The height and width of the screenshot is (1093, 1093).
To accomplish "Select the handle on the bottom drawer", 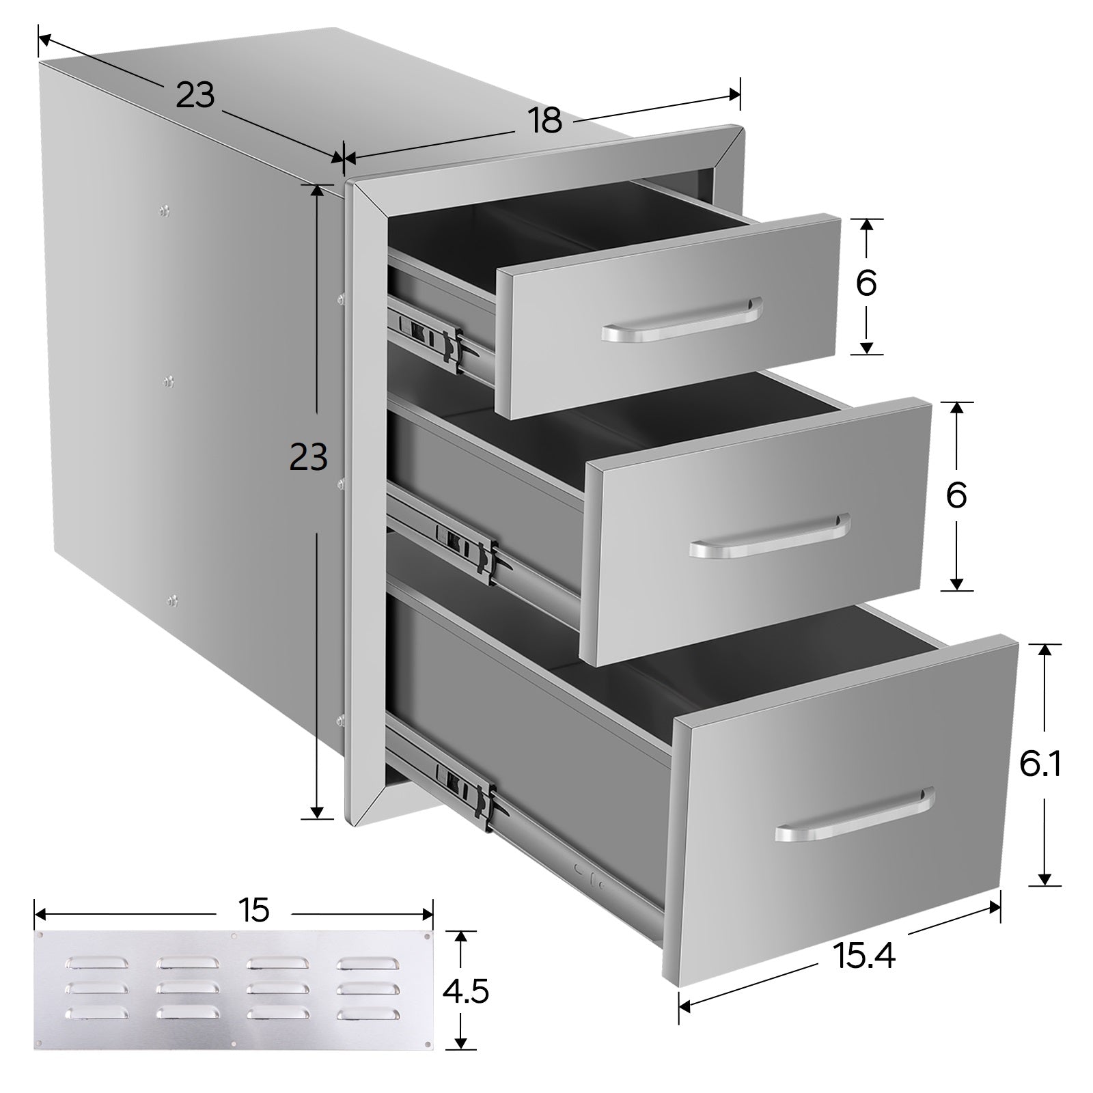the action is [855, 814].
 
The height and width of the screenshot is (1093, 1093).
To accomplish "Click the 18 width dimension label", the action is [544, 120].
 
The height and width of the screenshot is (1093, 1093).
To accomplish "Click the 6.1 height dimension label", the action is [1040, 764].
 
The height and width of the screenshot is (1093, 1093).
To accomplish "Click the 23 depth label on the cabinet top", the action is [195, 95].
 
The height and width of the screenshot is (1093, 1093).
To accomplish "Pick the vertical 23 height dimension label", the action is [309, 457].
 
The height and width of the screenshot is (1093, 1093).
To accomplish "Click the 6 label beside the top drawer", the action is [866, 283].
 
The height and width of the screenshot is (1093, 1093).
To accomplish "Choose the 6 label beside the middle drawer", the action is [956, 495].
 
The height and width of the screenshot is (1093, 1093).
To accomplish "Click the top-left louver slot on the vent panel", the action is [95, 963].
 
